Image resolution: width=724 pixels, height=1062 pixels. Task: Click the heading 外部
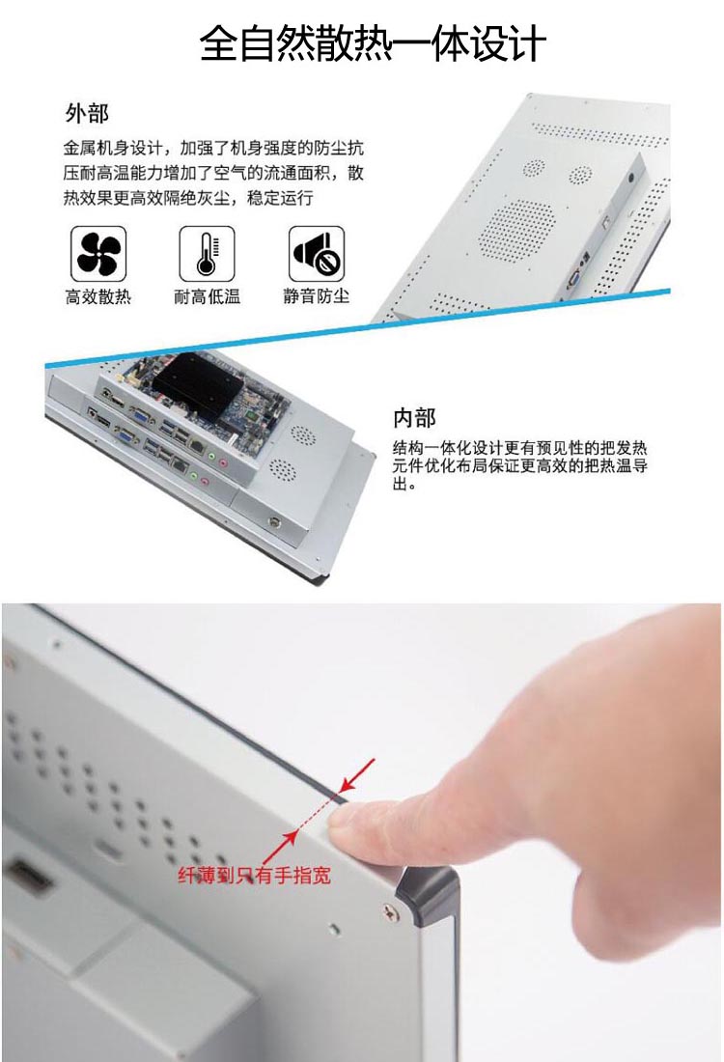87,113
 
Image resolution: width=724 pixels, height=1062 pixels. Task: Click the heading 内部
414,417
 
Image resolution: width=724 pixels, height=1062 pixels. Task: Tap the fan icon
98,254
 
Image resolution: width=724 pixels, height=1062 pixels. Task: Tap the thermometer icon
207,254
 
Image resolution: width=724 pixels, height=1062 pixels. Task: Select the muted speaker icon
317,254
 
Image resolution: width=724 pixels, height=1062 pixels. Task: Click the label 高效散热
98,296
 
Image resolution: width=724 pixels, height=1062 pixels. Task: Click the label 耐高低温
208,296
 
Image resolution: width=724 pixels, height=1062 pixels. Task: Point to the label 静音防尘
317,296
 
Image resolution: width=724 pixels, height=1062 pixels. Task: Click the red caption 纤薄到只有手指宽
255,875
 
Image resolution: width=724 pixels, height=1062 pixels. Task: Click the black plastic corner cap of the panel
428,895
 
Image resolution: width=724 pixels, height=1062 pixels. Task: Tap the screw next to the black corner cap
388,912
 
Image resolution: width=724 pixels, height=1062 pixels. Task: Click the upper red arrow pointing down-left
357,775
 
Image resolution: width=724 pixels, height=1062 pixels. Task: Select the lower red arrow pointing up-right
280,846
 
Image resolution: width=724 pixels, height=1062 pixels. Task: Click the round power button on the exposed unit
274,522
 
